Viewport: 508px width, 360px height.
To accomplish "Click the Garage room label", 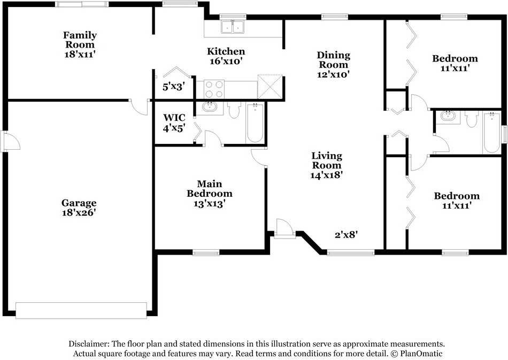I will pos(79,203).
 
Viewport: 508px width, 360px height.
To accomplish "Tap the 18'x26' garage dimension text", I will pos(79,212).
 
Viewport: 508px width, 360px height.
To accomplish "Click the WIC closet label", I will pos(174,117).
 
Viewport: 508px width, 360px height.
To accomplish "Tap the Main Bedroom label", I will pos(209,188).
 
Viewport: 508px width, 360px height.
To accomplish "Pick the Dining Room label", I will pos(333,60).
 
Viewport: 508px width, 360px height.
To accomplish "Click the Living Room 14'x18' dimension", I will pos(327,174).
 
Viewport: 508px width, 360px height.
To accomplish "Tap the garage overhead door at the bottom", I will pos(81,310).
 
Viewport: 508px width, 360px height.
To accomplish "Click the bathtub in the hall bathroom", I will pos(491,132).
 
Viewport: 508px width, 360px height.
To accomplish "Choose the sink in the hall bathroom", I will pos(448,116).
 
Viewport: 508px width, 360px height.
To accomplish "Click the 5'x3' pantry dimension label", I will pos(173,86).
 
